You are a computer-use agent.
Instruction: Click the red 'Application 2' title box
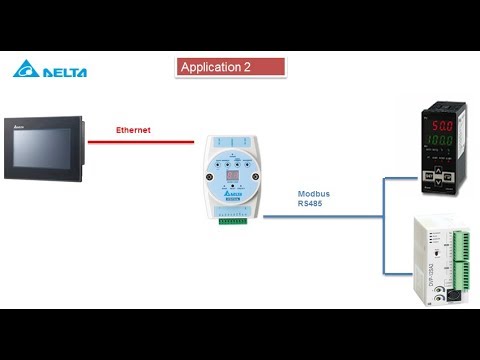[x=231, y=67]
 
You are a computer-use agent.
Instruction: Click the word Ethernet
[x=133, y=130]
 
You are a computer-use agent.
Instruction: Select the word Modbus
[x=313, y=193]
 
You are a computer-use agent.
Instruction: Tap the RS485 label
[x=310, y=204]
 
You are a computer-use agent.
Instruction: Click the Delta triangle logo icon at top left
[x=25, y=70]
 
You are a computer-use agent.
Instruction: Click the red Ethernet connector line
[x=150, y=141]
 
